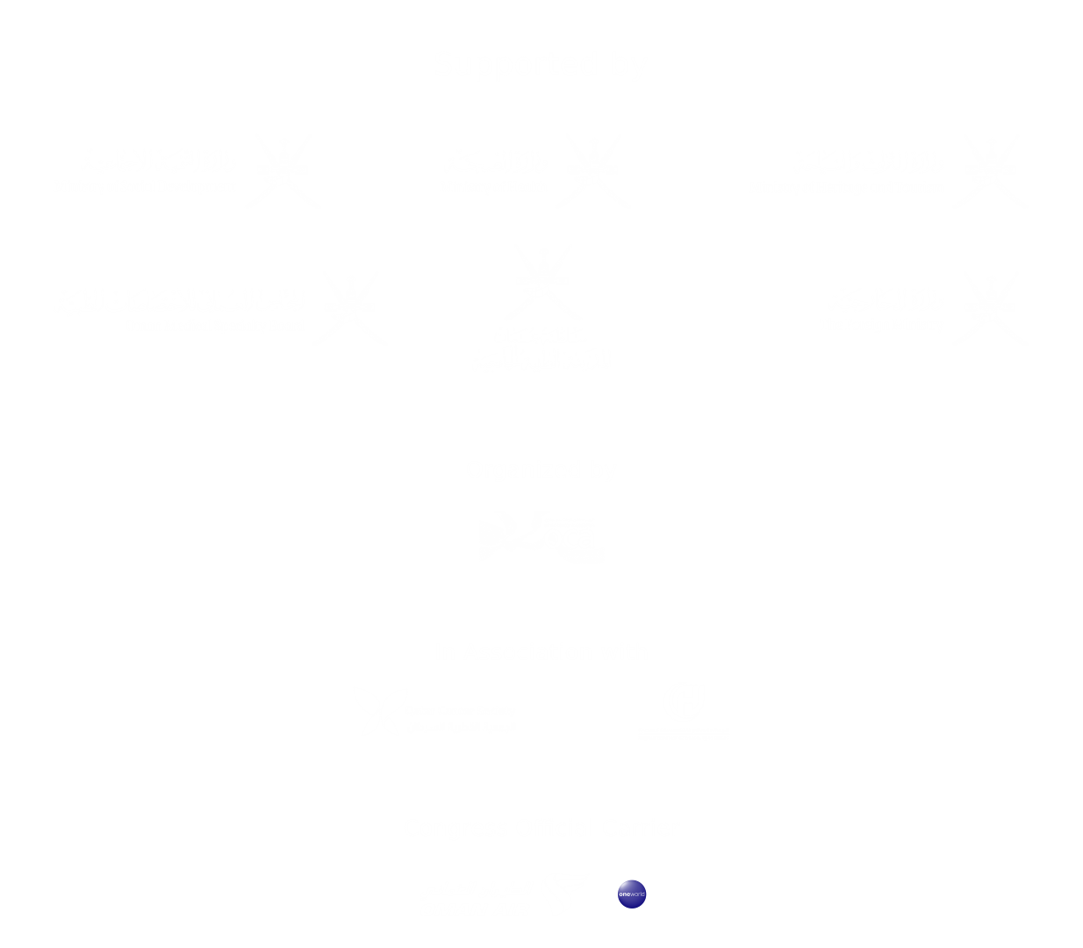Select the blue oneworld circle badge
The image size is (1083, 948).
[632, 894]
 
